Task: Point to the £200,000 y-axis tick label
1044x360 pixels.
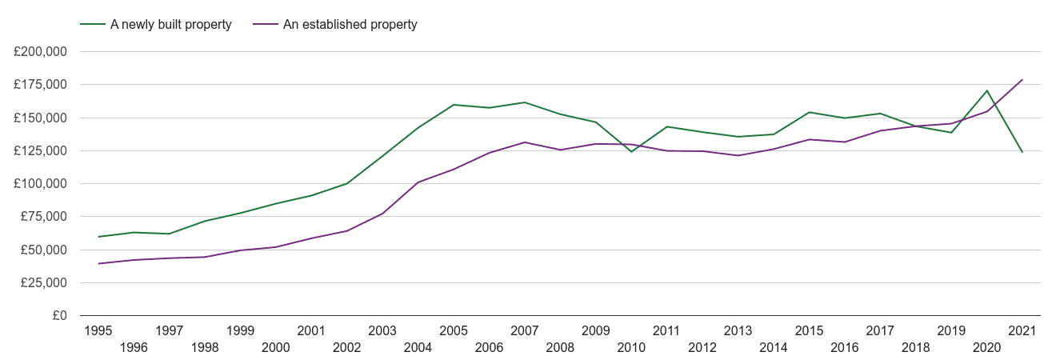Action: [x=40, y=52]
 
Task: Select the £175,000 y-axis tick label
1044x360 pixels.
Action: [x=40, y=85]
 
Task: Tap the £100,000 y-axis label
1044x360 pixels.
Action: [x=40, y=184]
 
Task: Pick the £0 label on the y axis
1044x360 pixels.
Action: [x=60, y=316]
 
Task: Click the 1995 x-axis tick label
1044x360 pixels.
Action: [x=98, y=330]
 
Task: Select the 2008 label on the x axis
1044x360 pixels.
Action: [x=560, y=347]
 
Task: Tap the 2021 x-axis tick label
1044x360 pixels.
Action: [x=1022, y=330]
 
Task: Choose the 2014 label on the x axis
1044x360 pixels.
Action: [x=773, y=347]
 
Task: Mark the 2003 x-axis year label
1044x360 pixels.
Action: [x=382, y=330]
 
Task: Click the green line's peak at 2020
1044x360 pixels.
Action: [x=986, y=90]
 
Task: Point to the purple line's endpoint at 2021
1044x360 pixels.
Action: [x=1022, y=80]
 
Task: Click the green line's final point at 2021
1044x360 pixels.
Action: [x=1022, y=152]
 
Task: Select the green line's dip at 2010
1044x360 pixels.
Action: [x=631, y=151]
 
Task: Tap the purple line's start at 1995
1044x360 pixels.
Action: [x=98, y=263]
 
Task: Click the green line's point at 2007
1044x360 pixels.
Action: [x=525, y=102]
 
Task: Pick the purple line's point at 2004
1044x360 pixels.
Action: [x=418, y=182]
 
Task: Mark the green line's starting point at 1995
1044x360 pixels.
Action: [x=98, y=237]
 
